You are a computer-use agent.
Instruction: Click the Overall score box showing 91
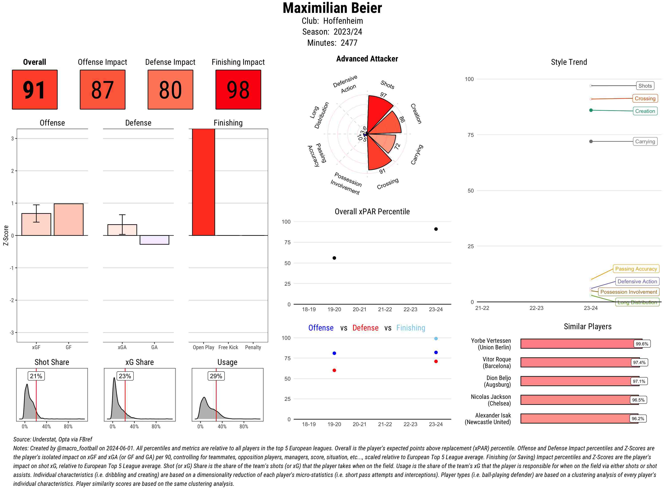click(x=35, y=90)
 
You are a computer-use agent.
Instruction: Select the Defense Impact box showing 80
click(x=170, y=90)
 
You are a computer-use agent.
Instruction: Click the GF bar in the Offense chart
click(x=68, y=219)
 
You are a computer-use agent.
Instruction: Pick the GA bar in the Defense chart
click(x=154, y=240)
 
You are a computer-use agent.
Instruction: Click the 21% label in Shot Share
click(x=36, y=376)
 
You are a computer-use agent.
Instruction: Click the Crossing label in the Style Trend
click(x=645, y=98)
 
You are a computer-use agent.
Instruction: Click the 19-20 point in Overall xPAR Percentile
click(x=334, y=258)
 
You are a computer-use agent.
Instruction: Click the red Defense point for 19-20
click(x=334, y=370)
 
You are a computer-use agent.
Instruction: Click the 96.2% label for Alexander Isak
click(x=638, y=419)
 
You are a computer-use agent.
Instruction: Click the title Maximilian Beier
click(x=332, y=8)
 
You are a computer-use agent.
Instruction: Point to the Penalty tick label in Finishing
click(x=253, y=347)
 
